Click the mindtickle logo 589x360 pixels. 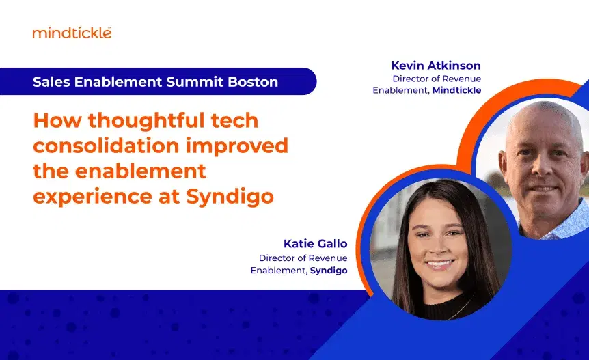pos(72,32)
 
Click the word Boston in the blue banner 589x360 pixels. pos(253,82)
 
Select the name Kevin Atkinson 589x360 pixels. pos(436,66)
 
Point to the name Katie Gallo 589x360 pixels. pos(315,244)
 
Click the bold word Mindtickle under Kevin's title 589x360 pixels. pos(456,90)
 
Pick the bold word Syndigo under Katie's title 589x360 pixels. pos(329,271)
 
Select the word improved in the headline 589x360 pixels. pos(244,146)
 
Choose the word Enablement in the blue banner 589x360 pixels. pos(116,82)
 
